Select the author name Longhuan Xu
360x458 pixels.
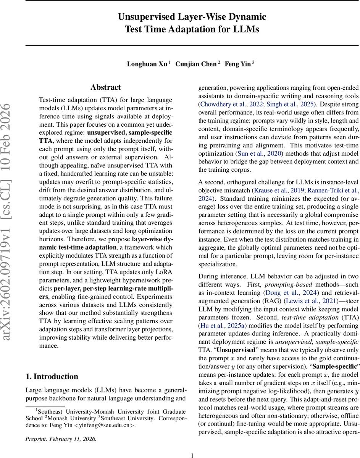(147, 64)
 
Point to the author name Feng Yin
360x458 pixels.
(237, 64)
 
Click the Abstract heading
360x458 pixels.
(106, 87)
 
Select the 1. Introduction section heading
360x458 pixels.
(52, 376)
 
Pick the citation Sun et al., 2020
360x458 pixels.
(251, 153)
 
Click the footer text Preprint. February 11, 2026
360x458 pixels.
(61, 428)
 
